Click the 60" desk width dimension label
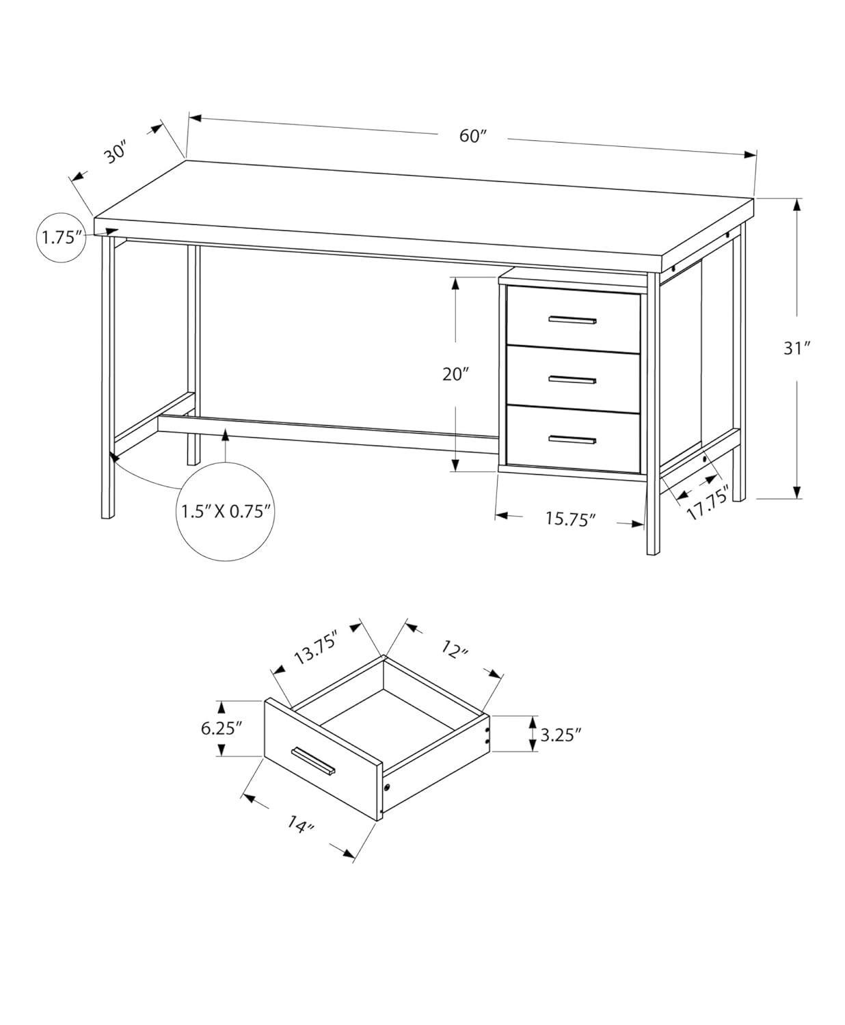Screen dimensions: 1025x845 [x=472, y=136]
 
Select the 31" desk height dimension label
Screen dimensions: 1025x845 [x=796, y=348]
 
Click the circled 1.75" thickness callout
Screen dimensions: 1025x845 [x=62, y=238]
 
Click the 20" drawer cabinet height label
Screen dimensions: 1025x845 [x=455, y=374]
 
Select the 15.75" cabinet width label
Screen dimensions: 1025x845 [x=590, y=519]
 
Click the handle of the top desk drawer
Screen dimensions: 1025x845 [x=573, y=319]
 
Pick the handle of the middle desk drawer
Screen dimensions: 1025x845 [x=573, y=379]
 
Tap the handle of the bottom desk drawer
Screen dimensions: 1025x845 [x=573, y=439]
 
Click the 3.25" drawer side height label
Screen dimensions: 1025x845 [x=561, y=735]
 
